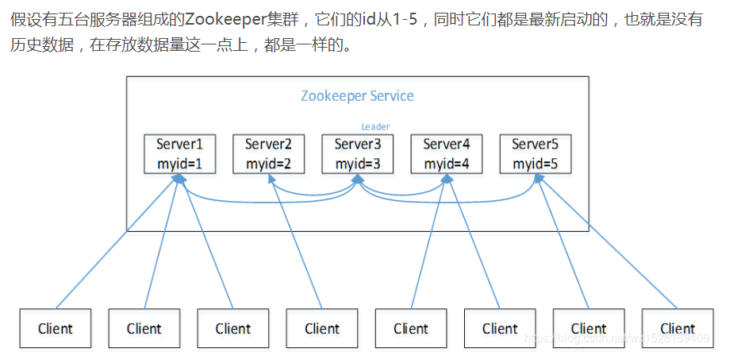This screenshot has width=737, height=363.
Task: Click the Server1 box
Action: [179, 154]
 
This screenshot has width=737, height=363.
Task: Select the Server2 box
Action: [268, 154]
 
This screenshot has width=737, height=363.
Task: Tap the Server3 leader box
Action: [358, 154]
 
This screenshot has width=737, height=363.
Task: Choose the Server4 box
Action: [447, 154]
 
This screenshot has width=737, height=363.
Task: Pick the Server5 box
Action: [535, 154]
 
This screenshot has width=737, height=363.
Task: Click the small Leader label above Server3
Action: [375, 126]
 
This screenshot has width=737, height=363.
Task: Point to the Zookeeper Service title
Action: [357, 96]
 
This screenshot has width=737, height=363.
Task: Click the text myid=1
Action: [179, 164]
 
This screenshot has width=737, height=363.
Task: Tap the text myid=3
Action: [358, 164]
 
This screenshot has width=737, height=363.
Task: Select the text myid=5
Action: [535, 164]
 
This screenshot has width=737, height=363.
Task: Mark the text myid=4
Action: [447, 164]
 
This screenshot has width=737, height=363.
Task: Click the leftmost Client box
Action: [56, 328]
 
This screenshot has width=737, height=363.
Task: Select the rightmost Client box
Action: [678, 328]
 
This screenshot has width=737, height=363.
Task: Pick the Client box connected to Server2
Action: [322, 328]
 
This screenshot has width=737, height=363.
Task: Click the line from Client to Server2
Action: [297, 246]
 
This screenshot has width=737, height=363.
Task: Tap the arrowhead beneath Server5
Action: [538, 180]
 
